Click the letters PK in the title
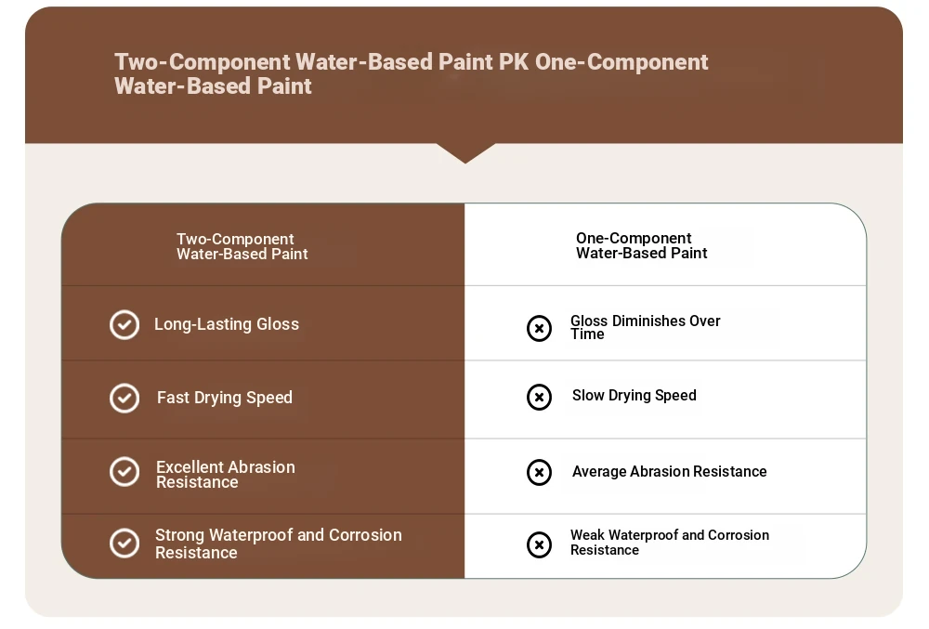(x=513, y=61)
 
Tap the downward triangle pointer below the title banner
(x=465, y=152)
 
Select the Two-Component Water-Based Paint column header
(x=242, y=246)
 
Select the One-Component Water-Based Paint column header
(x=642, y=245)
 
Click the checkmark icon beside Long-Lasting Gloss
(x=124, y=324)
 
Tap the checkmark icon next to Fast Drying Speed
(x=124, y=398)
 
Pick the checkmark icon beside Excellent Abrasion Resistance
(x=124, y=472)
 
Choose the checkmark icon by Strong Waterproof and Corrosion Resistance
(x=124, y=544)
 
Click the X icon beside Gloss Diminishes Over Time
(x=539, y=328)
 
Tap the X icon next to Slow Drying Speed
(x=539, y=397)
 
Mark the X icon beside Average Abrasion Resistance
(x=539, y=472)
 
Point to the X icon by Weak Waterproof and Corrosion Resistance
(x=539, y=544)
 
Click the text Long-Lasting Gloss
(x=227, y=324)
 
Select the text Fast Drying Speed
(x=225, y=398)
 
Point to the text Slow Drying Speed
(x=634, y=396)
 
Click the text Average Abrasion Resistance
(x=670, y=471)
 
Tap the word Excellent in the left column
(x=190, y=466)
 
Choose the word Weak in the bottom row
(x=588, y=535)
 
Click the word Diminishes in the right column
(x=648, y=321)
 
